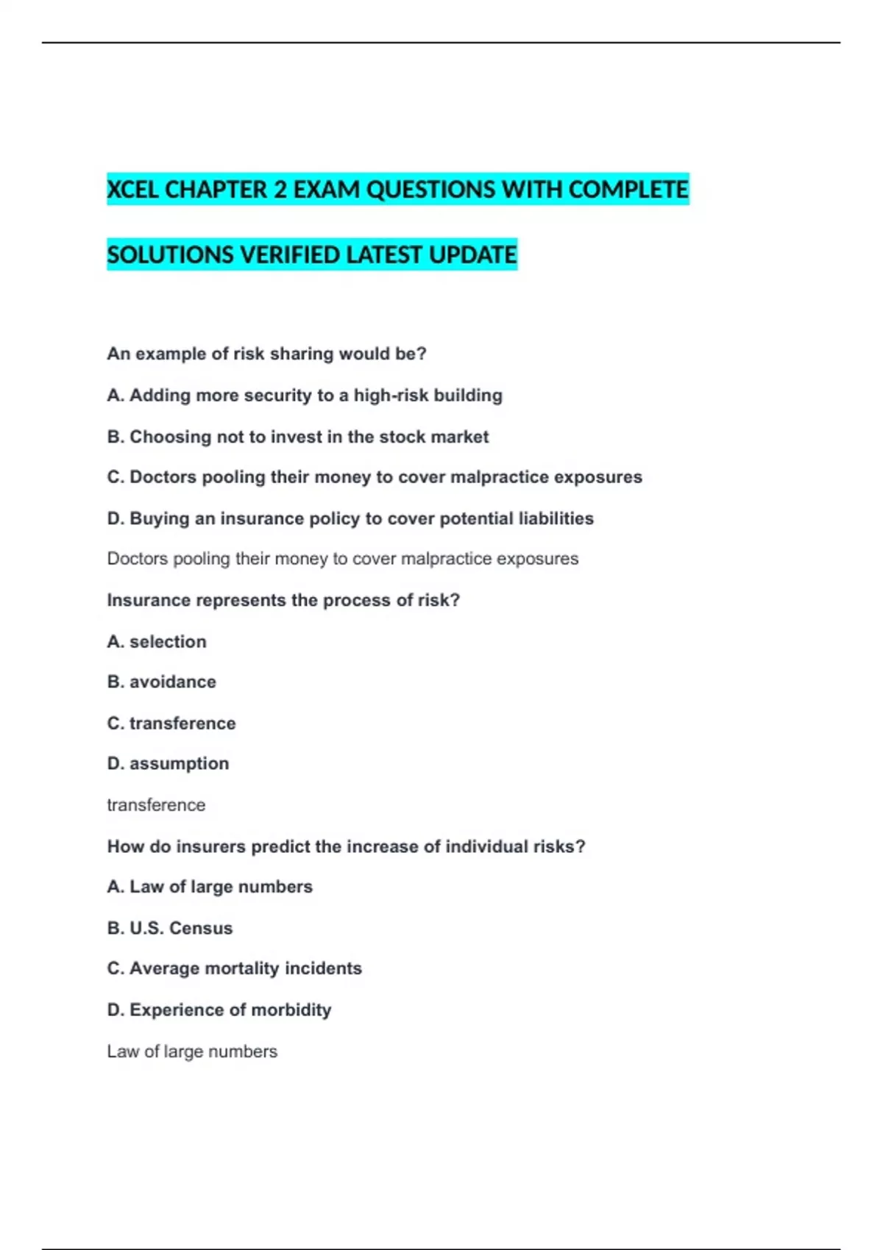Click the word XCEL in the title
pyautogui.click(x=132, y=190)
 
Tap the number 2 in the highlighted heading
pyautogui.click(x=280, y=190)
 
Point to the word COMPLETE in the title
pyautogui.click(x=628, y=190)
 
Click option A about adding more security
pyautogui.click(x=305, y=396)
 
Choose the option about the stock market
pyautogui.click(x=298, y=437)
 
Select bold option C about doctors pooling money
pyautogui.click(x=375, y=477)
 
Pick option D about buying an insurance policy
pyautogui.click(x=350, y=518)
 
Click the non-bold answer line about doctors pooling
pyautogui.click(x=343, y=559)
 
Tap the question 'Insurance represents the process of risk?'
pyautogui.click(x=283, y=600)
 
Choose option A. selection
pyautogui.click(x=157, y=642)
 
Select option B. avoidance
pyautogui.click(x=162, y=682)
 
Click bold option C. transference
pyautogui.click(x=171, y=724)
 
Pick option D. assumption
pyautogui.click(x=168, y=764)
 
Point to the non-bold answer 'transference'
pyautogui.click(x=156, y=805)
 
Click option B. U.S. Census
pyautogui.click(x=170, y=928)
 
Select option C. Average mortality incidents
pyautogui.click(x=235, y=968)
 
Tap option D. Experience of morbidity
pyautogui.click(x=219, y=1010)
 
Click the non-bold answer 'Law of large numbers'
pyautogui.click(x=192, y=1051)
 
